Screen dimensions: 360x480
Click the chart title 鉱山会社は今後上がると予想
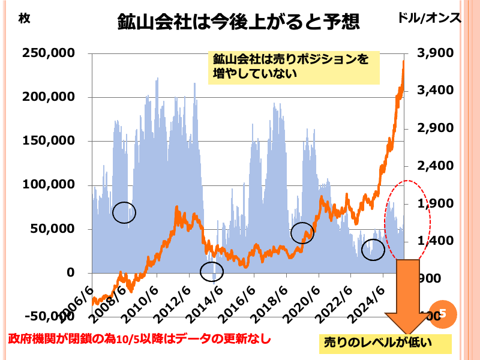coord(238,22)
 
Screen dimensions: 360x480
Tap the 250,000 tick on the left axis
coord(49,53)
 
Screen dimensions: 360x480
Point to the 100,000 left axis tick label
coord(49,185)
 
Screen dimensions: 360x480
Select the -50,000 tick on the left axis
coord(49,316)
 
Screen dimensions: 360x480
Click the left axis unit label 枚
coord(24,18)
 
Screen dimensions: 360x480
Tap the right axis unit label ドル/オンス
coord(430,18)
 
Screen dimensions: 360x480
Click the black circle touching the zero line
coord(212,272)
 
